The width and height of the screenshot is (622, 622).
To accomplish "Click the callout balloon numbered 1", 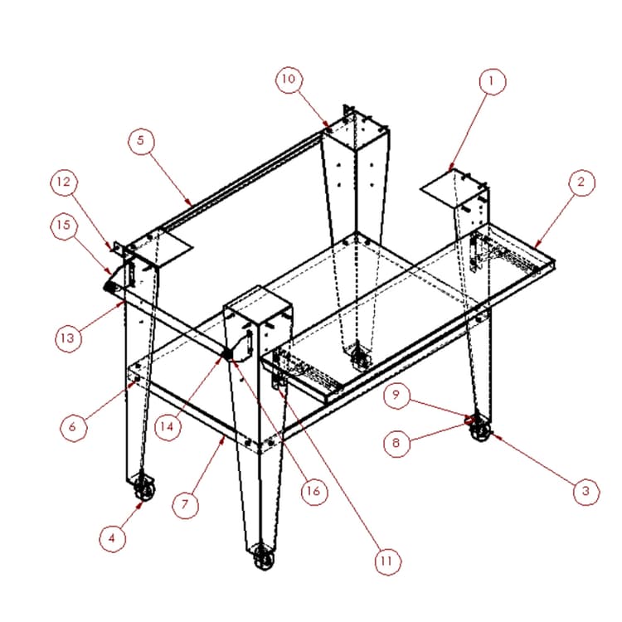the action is pyautogui.click(x=493, y=82).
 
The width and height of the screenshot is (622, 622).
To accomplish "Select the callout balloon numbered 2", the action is pyautogui.click(x=581, y=182).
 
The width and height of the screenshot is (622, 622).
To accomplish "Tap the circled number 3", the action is pyautogui.click(x=586, y=492).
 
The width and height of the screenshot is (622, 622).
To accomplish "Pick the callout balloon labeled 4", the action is pyautogui.click(x=112, y=538).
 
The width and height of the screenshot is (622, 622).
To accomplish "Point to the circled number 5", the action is pyautogui.click(x=141, y=141).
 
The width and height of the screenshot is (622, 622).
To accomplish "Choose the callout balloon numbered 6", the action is pyautogui.click(x=73, y=427).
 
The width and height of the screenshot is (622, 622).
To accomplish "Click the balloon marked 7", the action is pyautogui.click(x=185, y=505).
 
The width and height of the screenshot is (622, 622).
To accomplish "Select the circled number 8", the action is pyautogui.click(x=396, y=443).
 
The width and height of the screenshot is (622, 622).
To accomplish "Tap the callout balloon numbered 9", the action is pyautogui.click(x=396, y=395).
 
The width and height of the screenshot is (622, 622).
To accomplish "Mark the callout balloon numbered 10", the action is pyautogui.click(x=289, y=80).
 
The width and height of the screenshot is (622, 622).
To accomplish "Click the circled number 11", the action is pyautogui.click(x=387, y=561).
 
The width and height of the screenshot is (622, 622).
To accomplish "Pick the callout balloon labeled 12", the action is pyautogui.click(x=64, y=182).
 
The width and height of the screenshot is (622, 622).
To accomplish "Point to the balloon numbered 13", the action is pyautogui.click(x=68, y=338).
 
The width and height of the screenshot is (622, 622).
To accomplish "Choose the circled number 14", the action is pyautogui.click(x=168, y=427).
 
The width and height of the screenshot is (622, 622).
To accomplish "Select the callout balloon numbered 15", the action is pyautogui.click(x=64, y=226).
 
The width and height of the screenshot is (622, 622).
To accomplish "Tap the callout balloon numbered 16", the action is pyautogui.click(x=313, y=492).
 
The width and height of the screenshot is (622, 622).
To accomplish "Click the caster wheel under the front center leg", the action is pyautogui.click(x=264, y=558).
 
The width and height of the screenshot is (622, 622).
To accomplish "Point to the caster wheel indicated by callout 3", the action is pyautogui.click(x=480, y=429).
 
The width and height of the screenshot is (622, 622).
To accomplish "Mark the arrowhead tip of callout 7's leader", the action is pyautogui.click(x=225, y=435).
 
